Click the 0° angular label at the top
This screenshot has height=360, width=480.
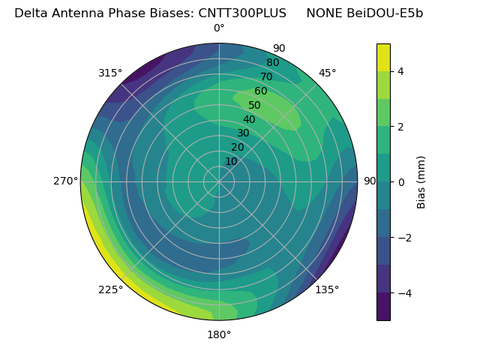[x=219, y=28]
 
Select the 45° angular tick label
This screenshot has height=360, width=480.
[x=327, y=73]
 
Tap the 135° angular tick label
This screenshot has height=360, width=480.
[x=327, y=289]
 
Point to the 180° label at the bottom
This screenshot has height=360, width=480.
[x=219, y=334]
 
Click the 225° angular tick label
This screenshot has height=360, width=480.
[x=110, y=289]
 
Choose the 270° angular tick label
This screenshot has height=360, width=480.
[x=66, y=181]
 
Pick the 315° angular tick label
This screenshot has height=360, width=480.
[x=110, y=73]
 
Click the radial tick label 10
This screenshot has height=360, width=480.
[x=231, y=161]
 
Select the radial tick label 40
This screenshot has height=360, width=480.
[x=249, y=119]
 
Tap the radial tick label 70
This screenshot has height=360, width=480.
[x=267, y=76]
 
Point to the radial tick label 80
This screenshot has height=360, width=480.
[x=272, y=63]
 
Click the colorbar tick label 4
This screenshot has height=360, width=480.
[x=401, y=71]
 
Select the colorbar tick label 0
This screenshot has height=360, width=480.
[x=401, y=182]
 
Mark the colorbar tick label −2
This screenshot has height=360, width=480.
[x=404, y=238]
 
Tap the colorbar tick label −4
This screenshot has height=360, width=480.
[x=404, y=293]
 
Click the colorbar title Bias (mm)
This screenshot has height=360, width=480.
[x=421, y=181]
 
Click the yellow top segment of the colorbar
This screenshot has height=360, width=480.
[x=383, y=57]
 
